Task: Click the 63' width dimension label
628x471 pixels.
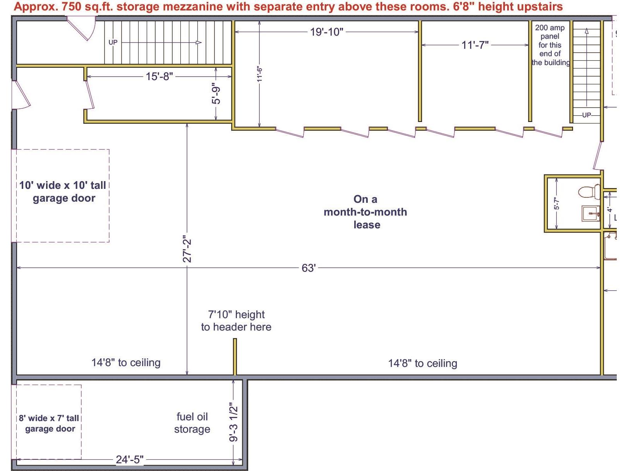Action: (x=309, y=268)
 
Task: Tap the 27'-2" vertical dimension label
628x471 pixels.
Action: (x=187, y=249)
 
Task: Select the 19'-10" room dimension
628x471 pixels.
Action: (x=326, y=32)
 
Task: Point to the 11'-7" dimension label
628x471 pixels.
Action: (x=475, y=45)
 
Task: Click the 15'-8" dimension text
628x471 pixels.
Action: (x=160, y=76)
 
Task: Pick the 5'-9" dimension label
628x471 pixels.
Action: (x=216, y=93)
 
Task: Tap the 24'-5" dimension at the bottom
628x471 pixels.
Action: (x=130, y=459)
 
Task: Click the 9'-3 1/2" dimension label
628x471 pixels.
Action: (x=233, y=422)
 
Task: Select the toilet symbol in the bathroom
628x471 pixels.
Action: (x=589, y=191)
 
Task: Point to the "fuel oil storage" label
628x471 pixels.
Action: (x=192, y=423)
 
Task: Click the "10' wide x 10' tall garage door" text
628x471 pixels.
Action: (x=63, y=192)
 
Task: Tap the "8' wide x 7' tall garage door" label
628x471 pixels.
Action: (x=49, y=423)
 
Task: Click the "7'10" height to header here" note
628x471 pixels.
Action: (x=236, y=320)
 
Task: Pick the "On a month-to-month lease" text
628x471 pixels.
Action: (x=365, y=212)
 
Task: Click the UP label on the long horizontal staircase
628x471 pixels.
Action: (x=113, y=42)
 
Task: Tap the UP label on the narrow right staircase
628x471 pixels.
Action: (x=587, y=115)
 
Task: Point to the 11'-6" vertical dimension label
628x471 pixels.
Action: (x=259, y=74)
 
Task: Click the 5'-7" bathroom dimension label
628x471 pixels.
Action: (x=556, y=203)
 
